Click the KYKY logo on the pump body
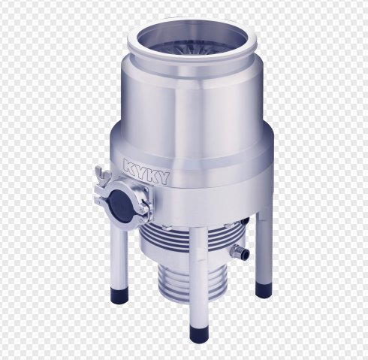[146, 172]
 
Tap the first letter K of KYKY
[130, 166]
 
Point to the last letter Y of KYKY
[164, 178]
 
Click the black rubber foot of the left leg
[119, 296]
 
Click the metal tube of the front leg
[198, 277]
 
